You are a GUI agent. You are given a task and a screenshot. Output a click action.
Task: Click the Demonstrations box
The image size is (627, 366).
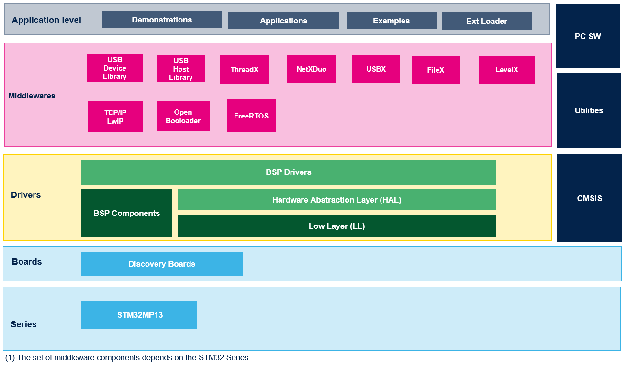point(162,20)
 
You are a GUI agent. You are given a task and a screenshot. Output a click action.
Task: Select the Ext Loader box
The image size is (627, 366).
point(486,21)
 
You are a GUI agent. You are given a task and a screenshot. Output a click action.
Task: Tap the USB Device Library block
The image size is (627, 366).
point(115,68)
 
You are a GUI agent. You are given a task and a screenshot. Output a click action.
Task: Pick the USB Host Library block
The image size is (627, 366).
point(181,69)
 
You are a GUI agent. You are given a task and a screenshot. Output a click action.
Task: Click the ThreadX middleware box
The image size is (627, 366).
point(244,70)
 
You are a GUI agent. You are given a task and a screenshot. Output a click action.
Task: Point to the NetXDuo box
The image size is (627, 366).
point(312,69)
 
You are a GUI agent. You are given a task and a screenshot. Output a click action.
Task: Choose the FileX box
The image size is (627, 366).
point(436,70)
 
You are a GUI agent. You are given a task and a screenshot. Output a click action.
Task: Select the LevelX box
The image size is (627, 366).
point(506,70)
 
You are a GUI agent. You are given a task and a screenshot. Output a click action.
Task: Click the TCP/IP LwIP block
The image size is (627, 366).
point(115,117)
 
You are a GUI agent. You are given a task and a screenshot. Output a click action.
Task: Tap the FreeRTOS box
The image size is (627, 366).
point(251,116)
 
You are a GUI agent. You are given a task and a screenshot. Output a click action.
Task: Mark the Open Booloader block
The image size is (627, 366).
point(183,116)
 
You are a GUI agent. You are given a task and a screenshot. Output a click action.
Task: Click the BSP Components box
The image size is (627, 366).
point(127,213)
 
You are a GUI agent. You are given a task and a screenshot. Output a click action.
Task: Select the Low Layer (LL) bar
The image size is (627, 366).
point(337,226)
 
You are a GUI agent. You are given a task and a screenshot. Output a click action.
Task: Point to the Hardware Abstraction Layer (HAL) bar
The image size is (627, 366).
point(337,200)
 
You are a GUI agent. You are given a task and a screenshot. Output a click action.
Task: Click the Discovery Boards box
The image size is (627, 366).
point(162,264)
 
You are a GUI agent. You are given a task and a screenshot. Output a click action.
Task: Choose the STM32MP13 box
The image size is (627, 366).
point(139,315)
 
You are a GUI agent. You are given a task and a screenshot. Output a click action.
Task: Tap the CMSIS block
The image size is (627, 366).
point(589,198)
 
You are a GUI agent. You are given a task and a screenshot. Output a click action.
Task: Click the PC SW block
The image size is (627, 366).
point(588,36)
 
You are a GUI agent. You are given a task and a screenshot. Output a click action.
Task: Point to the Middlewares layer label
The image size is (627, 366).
point(32,96)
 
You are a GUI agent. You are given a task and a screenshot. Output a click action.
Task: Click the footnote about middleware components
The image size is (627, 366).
point(128,357)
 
